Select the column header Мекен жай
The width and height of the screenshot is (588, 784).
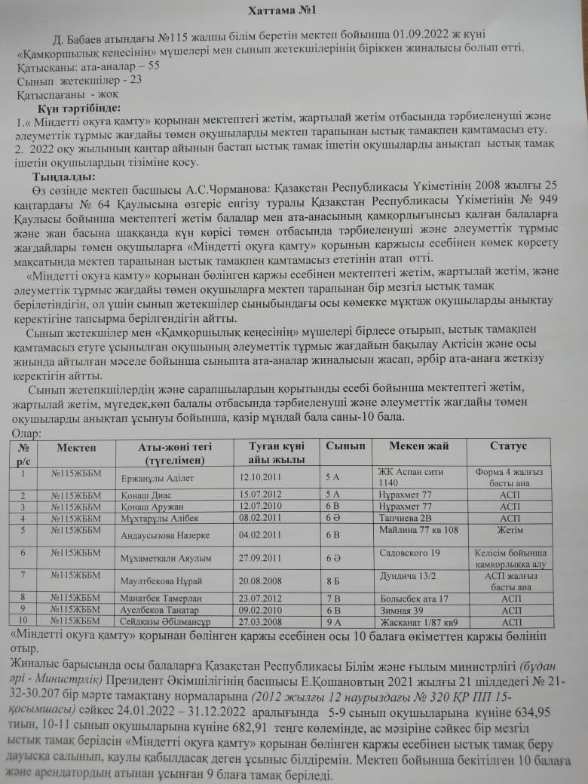418,446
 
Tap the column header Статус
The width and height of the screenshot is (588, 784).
509,446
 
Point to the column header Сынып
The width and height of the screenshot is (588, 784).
345,446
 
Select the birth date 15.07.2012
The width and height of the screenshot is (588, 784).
260,495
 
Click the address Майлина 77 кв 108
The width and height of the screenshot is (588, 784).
417,530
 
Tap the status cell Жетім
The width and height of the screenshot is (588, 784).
510,530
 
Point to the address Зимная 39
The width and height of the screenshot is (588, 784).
403,610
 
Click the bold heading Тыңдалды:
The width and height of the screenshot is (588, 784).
60,176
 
